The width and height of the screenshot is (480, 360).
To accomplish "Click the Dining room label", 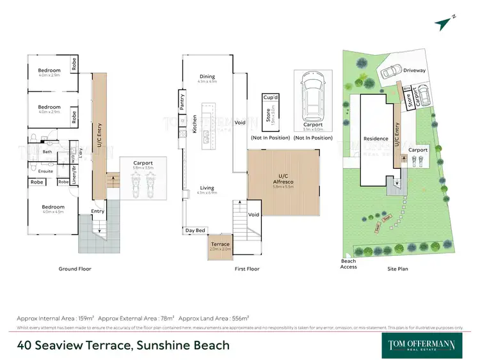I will point(207,77).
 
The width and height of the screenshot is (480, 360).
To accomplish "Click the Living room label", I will point(207,188).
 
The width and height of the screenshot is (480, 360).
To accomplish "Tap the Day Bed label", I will point(195,230).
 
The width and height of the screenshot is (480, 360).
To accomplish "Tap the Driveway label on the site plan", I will point(415,71).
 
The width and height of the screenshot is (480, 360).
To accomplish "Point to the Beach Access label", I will point(348,263).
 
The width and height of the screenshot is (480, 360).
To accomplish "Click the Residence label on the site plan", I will point(376,139).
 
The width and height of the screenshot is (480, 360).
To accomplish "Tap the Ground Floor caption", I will point(75,269).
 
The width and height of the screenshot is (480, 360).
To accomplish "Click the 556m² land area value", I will point(239,318).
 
